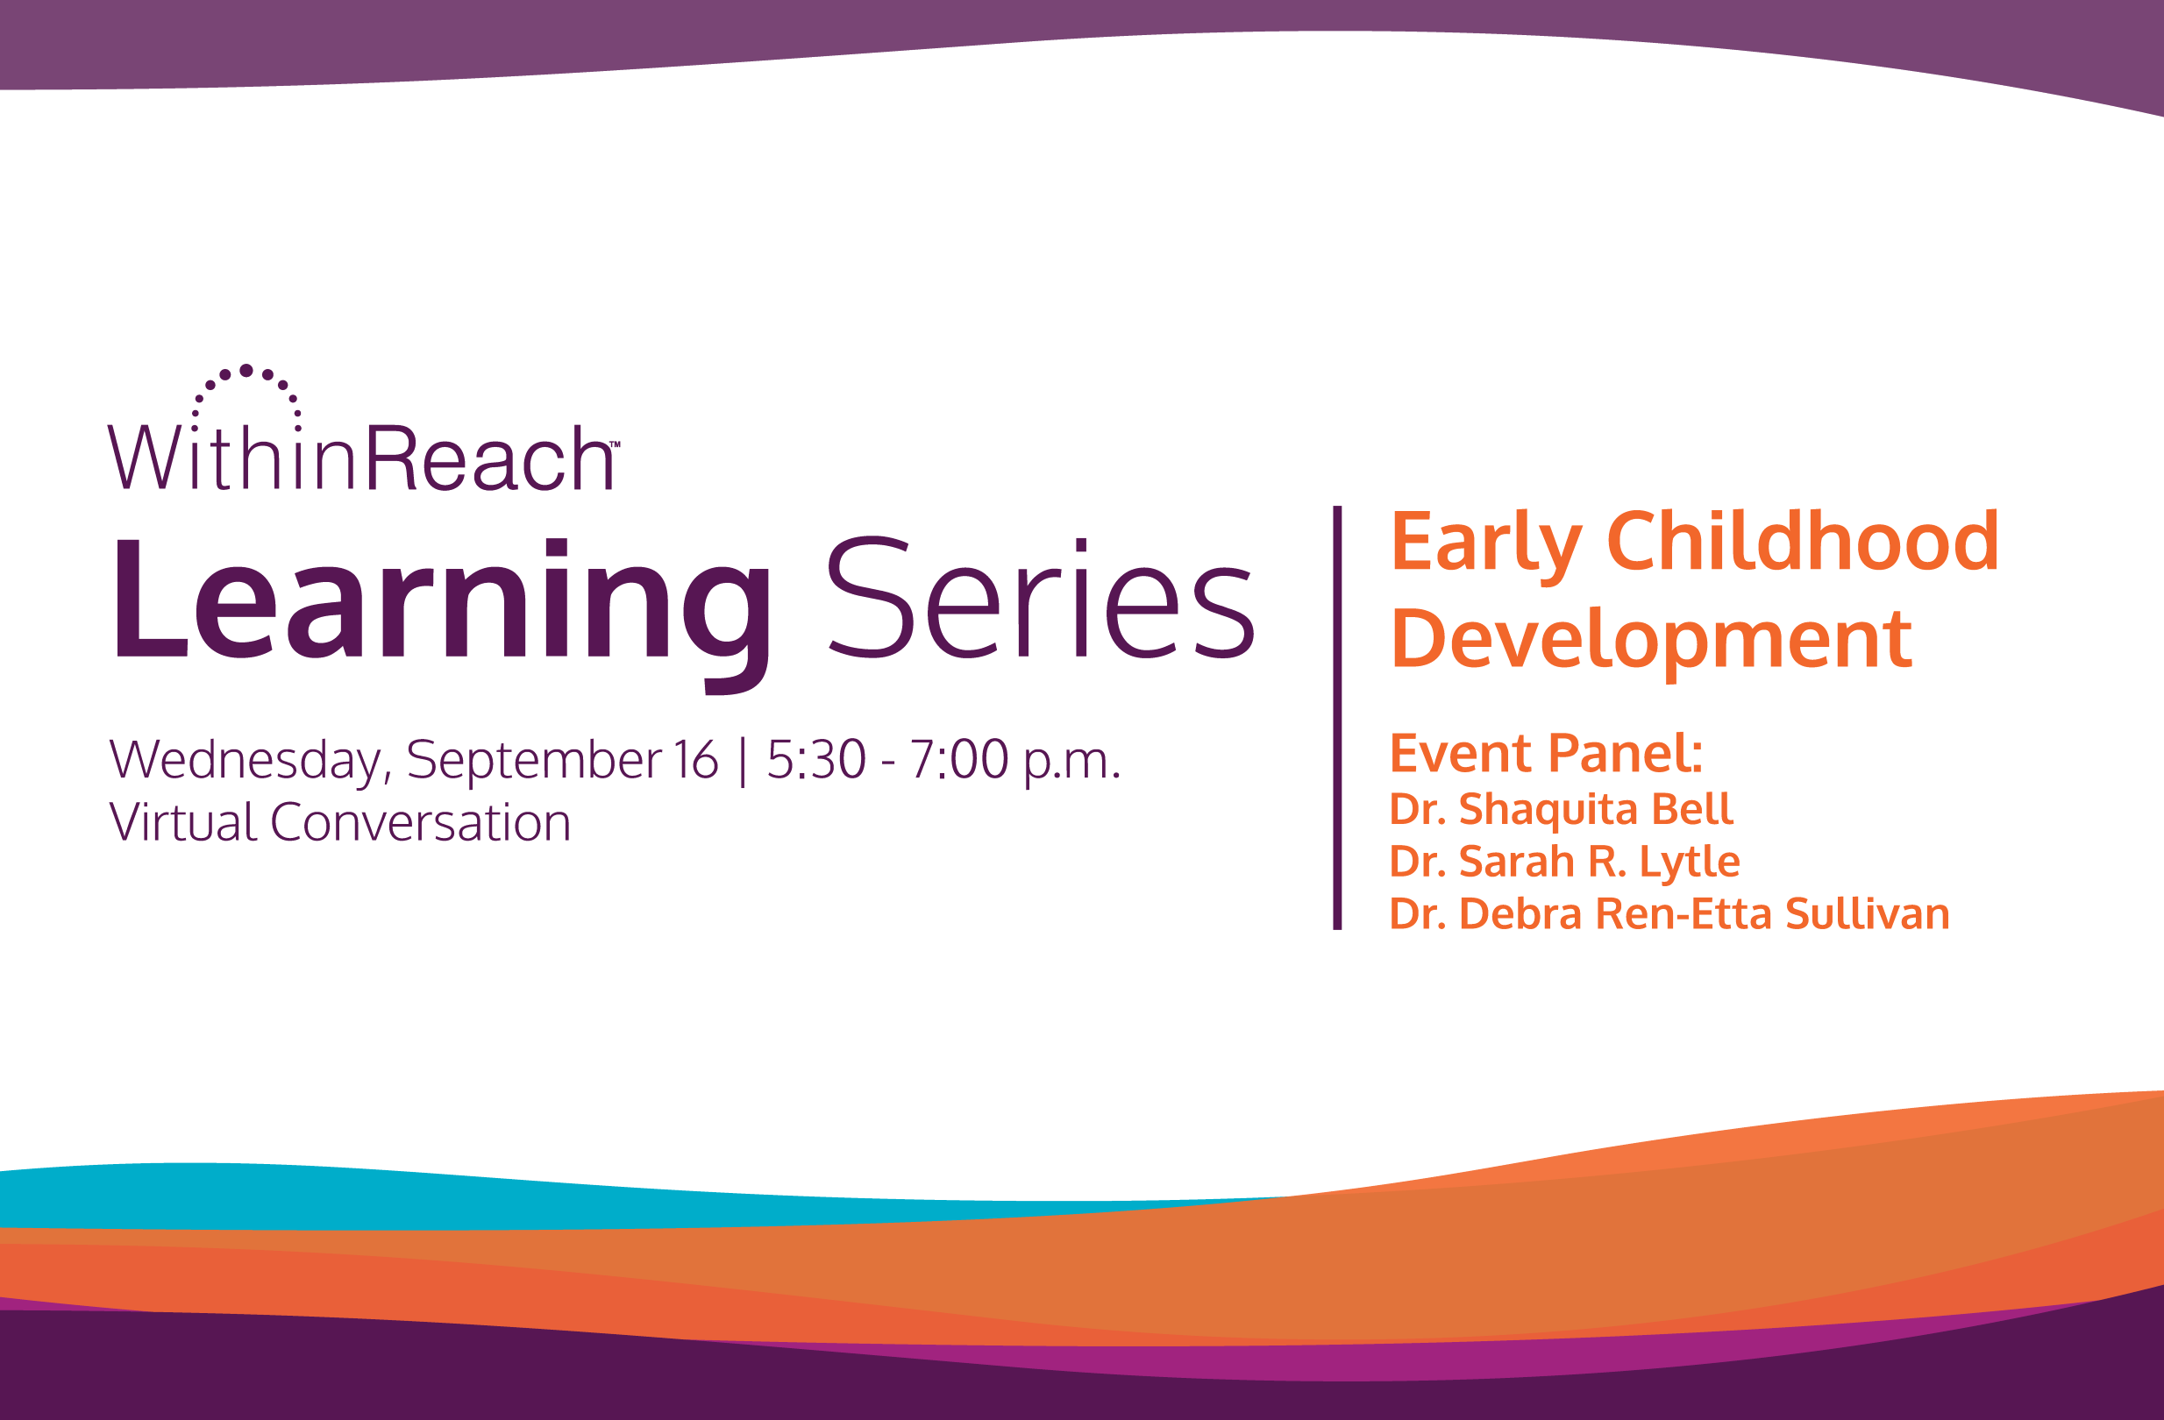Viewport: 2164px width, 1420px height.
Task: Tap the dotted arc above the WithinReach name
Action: pos(246,382)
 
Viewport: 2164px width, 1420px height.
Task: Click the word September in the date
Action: pos(534,760)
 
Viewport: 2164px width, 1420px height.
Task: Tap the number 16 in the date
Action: pos(695,760)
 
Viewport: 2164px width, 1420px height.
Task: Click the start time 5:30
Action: pos(815,760)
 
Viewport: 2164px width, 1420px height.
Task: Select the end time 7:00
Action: pos(958,760)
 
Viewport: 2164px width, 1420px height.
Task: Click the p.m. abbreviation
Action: pos(1072,762)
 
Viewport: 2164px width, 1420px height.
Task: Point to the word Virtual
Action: pos(182,823)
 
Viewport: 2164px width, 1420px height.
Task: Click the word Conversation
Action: pos(420,823)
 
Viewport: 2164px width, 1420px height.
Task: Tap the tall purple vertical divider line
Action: pos(1336,718)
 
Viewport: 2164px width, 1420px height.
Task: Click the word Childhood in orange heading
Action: pos(1803,542)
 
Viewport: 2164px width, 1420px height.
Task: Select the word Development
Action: pos(1651,639)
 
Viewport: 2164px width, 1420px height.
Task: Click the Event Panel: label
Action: pos(1546,753)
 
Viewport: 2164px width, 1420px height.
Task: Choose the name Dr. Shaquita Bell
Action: pos(1561,809)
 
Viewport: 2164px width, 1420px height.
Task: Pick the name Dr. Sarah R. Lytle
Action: pos(1564,861)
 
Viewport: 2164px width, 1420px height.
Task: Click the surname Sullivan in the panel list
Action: pos(1867,913)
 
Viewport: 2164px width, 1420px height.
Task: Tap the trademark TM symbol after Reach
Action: pos(615,444)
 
